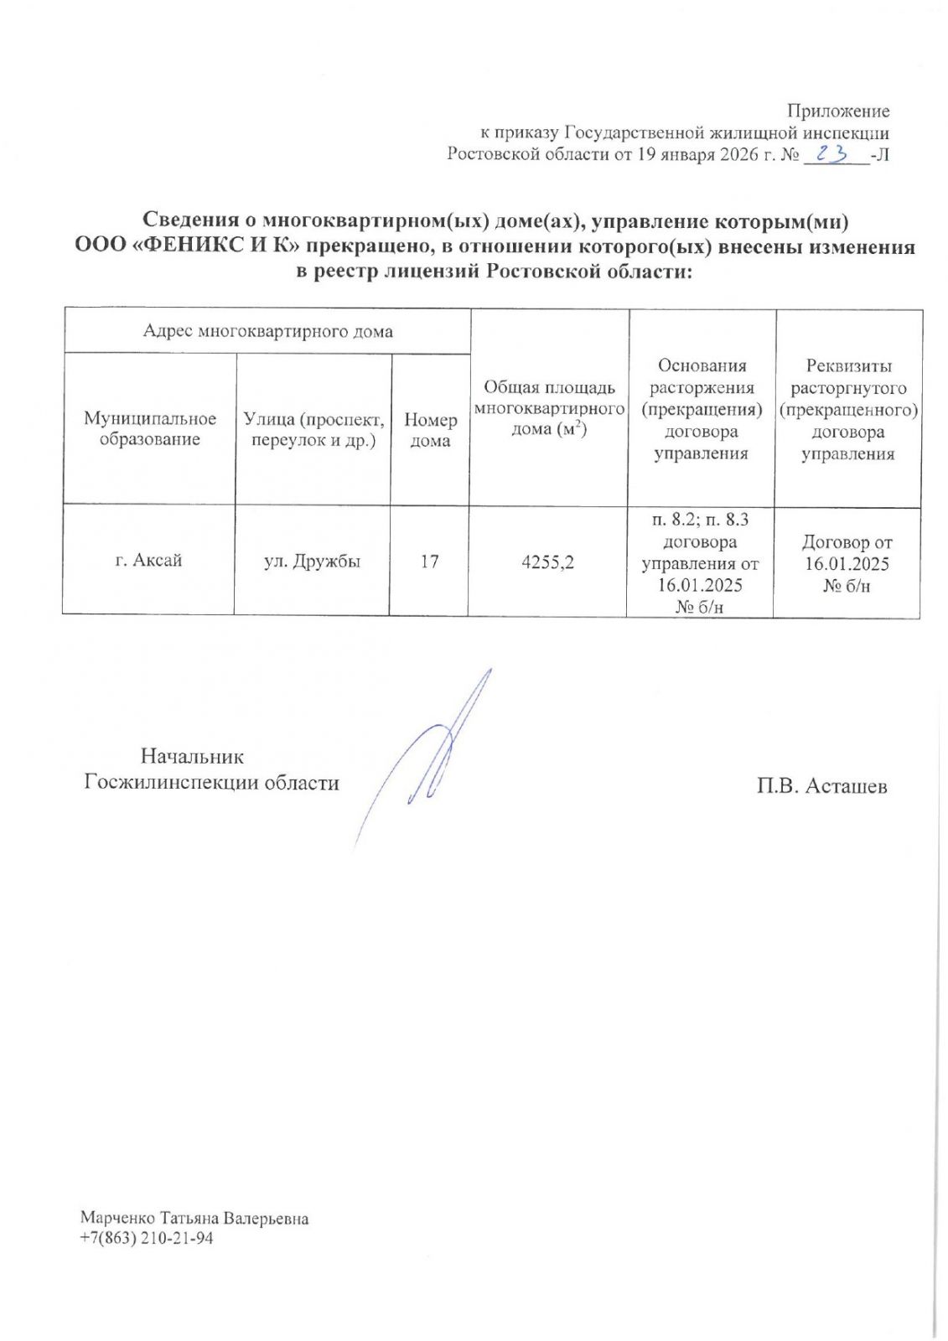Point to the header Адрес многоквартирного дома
267,331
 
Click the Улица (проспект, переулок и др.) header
313,429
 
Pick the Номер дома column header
430,430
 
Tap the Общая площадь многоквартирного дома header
549,408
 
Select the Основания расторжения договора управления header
701,409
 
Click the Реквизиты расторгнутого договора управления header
847,410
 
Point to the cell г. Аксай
148,561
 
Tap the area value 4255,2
548,562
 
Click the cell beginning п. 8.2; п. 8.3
700,562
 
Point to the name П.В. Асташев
821,786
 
